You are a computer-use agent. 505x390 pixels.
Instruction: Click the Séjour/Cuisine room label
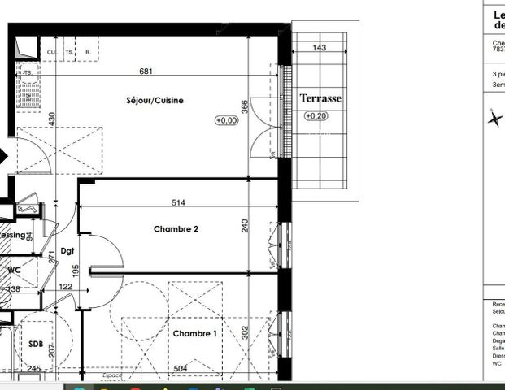pyautogui.click(x=155, y=101)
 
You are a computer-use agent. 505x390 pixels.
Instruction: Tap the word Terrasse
pyautogui.click(x=320, y=98)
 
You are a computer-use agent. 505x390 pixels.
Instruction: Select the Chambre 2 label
pyautogui.click(x=176, y=229)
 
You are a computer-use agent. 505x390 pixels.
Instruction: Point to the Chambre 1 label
pyautogui.click(x=194, y=334)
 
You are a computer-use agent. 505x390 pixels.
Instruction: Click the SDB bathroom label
pyautogui.click(x=35, y=343)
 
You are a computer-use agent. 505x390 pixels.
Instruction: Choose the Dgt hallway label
pyautogui.click(x=67, y=252)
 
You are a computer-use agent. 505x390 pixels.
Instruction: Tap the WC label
pyautogui.click(x=14, y=269)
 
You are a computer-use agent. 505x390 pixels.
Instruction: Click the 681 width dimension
pyautogui.click(x=146, y=71)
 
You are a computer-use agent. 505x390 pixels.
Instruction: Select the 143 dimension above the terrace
pyautogui.click(x=320, y=49)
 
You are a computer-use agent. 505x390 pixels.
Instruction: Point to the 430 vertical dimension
pyautogui.click(x=51, y=119)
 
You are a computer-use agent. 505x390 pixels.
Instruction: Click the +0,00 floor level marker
pyautogui.click(x=226, y=120)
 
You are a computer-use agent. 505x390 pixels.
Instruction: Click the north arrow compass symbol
pyautogui.click(x=494, y=119)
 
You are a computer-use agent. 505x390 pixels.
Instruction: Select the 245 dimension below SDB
pyautogui.click(x=33, y=369)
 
